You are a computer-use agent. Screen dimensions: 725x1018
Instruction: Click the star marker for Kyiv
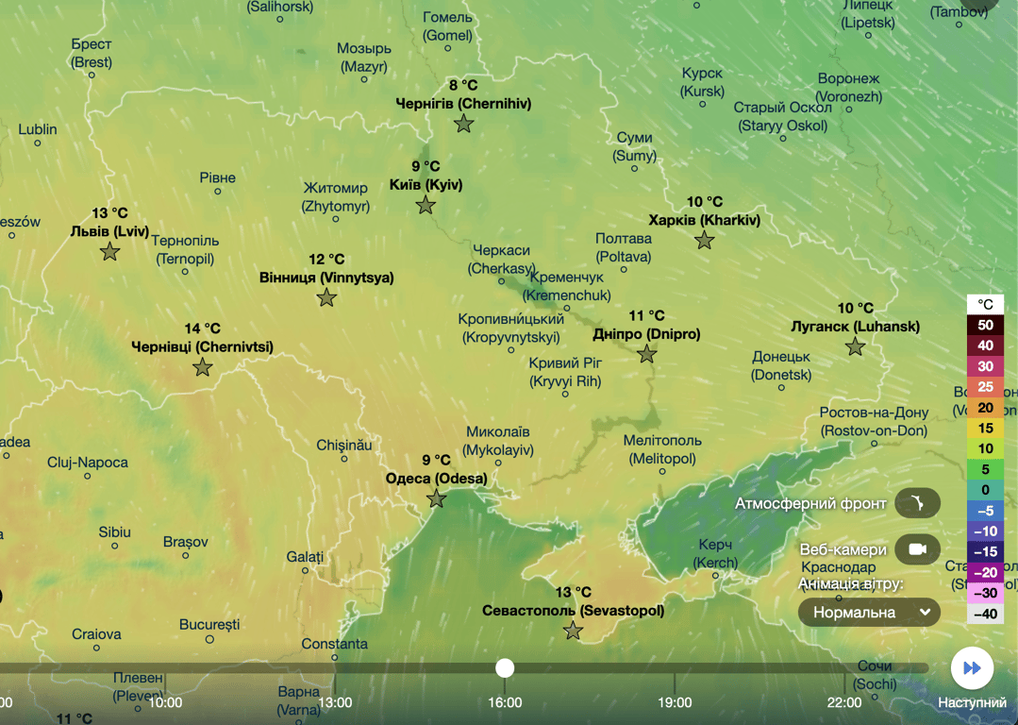point(426,205)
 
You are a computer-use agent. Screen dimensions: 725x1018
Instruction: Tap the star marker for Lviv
point(110,252)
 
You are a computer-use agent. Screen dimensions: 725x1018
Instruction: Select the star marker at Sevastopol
point(573,631)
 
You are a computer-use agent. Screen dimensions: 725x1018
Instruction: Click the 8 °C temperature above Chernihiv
point(463,85)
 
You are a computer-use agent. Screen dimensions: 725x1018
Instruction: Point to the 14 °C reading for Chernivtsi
point(202,329)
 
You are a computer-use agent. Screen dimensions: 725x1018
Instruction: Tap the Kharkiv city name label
point(704,221)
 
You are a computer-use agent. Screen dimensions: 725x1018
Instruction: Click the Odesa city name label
point(436,479)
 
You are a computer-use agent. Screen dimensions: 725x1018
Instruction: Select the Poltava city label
point(624,247)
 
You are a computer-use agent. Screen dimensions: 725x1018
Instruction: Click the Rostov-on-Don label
point(873,422)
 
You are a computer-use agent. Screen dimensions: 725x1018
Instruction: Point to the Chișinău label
point(344,444)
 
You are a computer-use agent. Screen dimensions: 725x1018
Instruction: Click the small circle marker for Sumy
point(634,168)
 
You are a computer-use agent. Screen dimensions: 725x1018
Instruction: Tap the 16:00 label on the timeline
point(505,702)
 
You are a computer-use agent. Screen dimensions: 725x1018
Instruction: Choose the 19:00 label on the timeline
point(675,702)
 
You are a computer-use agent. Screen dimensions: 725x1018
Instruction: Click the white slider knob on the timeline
point(505,668)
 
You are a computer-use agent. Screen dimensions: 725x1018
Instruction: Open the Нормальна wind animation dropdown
point(869,613)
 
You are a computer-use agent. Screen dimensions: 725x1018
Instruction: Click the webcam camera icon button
point(917,549)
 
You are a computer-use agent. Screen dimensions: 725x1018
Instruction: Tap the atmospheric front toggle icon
point(917,504)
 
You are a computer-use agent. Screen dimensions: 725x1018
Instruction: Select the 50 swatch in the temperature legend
point(985,325)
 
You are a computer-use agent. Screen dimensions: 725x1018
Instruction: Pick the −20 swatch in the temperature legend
point(985,572)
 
